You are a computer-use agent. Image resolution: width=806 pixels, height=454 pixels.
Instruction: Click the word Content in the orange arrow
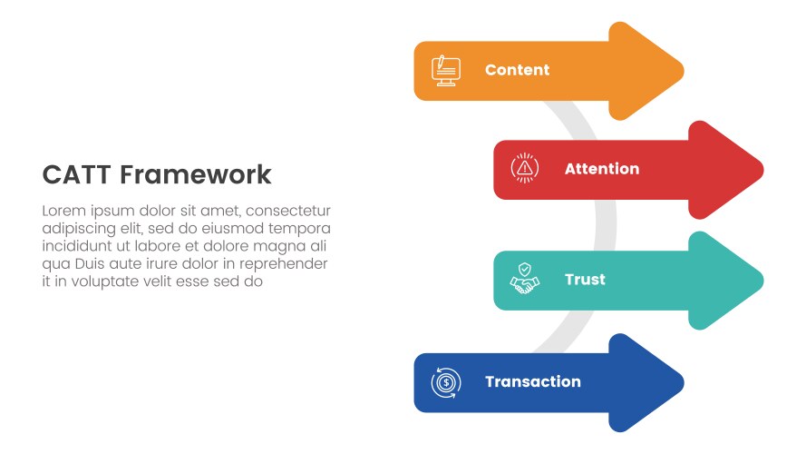click(x=517, y=70)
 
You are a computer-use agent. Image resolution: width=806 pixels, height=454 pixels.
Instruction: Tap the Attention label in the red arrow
click(x=601, y=169)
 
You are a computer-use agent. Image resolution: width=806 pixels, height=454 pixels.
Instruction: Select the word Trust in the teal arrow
click(x=585, y=280)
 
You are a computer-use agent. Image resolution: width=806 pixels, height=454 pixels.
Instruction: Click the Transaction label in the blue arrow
click(x=532, y=381)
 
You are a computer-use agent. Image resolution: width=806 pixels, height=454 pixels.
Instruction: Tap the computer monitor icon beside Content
click(x=446, y=71)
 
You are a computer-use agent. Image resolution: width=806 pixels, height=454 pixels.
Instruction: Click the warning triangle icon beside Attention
click(x=525, y=169)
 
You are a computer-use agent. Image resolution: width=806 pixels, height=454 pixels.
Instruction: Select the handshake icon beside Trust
click(x=525, y=278)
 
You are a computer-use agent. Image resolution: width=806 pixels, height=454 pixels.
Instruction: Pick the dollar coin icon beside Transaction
click(x=446, y=381)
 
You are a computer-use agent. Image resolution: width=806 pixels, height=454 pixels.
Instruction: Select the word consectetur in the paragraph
click(x=288, y=211)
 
